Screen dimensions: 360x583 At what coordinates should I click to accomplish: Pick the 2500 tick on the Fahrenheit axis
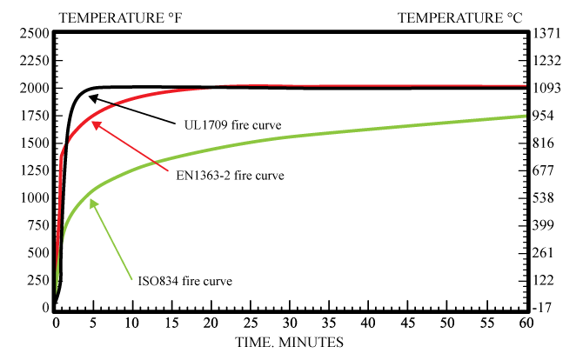coord(32,33)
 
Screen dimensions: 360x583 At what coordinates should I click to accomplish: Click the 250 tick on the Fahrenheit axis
coord(37,280)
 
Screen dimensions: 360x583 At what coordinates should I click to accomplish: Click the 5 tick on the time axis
coord(92,324)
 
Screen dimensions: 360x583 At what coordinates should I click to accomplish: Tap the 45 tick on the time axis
coord(408,324)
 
